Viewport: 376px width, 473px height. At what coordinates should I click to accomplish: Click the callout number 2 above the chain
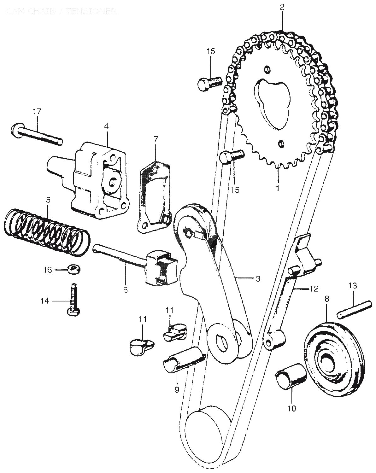click(282, 7)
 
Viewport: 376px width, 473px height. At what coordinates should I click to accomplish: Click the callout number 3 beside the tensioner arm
click(258, 279)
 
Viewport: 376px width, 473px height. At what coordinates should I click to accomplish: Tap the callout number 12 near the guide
click(314, 288)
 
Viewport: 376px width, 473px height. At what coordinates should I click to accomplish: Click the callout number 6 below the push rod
click(126, 289)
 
